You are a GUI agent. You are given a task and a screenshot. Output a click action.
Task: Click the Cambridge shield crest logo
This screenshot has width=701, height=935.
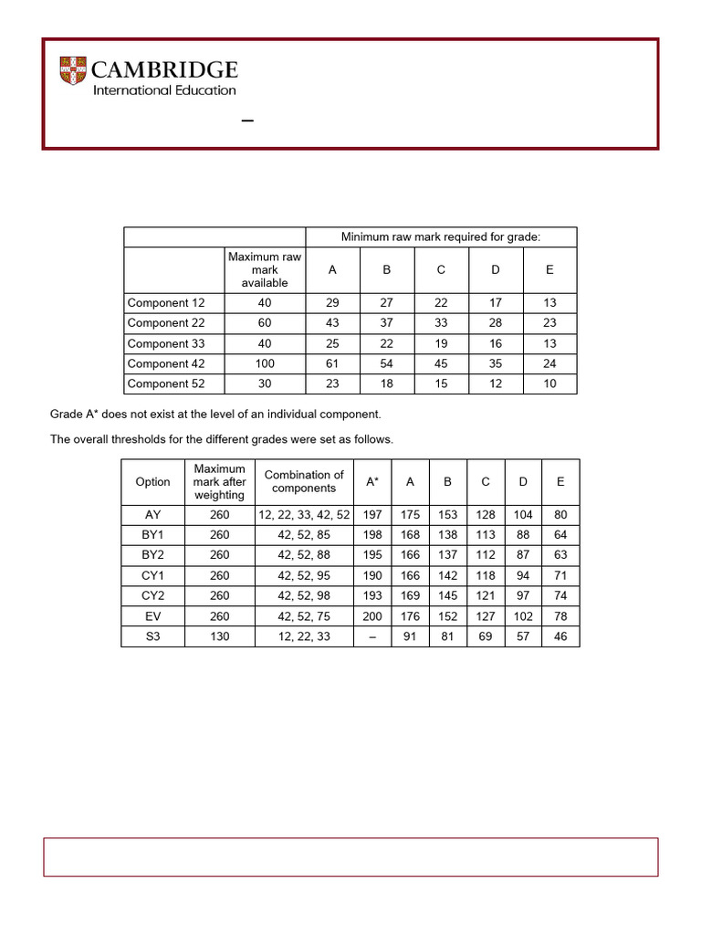74,71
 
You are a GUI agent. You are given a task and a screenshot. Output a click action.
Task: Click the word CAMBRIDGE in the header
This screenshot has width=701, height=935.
165,70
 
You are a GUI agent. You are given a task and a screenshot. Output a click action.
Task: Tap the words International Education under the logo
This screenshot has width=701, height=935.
164,90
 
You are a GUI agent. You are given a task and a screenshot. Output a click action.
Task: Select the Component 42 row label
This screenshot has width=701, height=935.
166,363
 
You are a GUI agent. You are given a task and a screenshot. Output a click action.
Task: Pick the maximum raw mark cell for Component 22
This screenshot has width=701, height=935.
265,323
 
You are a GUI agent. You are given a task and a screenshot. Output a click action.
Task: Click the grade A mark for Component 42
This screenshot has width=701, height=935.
332,363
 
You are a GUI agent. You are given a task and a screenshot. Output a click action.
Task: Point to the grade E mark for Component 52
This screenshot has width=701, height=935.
549,383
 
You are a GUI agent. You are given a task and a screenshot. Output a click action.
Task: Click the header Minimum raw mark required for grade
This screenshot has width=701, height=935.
441,237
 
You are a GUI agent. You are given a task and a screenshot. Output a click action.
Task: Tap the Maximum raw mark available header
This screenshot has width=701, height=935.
265,270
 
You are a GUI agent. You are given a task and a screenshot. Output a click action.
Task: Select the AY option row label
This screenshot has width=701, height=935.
152,515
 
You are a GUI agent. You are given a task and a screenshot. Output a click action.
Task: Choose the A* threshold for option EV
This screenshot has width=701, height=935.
372,616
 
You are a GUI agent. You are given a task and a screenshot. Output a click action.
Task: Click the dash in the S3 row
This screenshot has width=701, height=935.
372,636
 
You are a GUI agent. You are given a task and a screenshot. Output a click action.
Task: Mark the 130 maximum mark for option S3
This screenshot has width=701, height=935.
219,636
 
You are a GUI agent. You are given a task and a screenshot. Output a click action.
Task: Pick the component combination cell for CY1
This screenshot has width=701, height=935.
304,576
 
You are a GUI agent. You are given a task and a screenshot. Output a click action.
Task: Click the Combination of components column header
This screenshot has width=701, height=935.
304,481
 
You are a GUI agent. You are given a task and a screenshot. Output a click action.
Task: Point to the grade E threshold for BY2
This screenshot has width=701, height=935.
560,555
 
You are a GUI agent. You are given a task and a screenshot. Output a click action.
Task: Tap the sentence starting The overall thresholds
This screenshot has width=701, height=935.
222,439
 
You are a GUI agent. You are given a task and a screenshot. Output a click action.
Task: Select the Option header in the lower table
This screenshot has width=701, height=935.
152,482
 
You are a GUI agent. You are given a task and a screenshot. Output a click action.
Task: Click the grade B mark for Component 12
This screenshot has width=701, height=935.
386,303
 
